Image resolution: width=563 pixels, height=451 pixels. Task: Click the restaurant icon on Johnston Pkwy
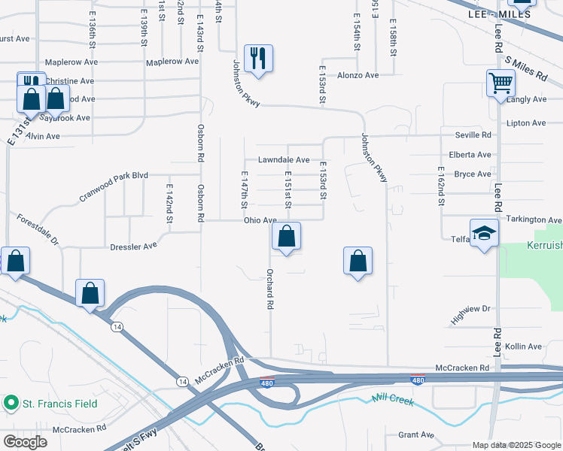tap(258, 59)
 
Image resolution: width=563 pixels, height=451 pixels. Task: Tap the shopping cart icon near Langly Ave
tap(501, 83)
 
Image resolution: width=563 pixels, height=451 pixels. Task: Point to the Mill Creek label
tap(391, 401)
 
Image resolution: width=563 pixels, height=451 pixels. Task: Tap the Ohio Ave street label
tap(260, 220)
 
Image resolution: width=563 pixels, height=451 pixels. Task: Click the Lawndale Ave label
tap(284, 160)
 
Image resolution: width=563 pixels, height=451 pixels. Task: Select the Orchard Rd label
tap(269, 289)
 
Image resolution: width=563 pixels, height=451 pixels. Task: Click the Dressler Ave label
tap(133, 245)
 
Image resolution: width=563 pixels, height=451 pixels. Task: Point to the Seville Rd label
tap(473, 135)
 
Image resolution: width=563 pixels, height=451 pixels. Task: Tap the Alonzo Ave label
tap(358, 75)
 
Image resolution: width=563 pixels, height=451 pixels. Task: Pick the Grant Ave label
tap(416, 434)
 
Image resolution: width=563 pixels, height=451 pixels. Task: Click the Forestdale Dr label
tap(38, 229)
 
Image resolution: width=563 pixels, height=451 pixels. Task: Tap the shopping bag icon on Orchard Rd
tap(286, 237)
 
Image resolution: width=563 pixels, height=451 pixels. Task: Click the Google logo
tap(24, 442)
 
